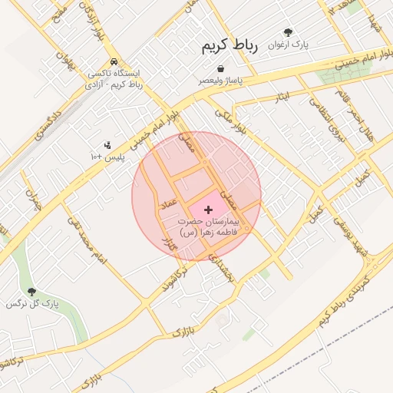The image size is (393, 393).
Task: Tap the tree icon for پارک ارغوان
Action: [288, 33]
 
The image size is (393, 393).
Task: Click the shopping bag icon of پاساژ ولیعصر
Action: [221, 69]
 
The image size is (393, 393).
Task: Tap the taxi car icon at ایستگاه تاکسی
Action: [114, 62]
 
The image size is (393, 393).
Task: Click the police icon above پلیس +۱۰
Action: [107, 144]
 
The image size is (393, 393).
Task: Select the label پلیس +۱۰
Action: [107, 157]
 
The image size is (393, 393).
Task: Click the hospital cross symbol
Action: [208, 210]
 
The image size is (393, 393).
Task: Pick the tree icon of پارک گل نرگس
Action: [31, 292]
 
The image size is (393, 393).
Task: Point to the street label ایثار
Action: [282, 97]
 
